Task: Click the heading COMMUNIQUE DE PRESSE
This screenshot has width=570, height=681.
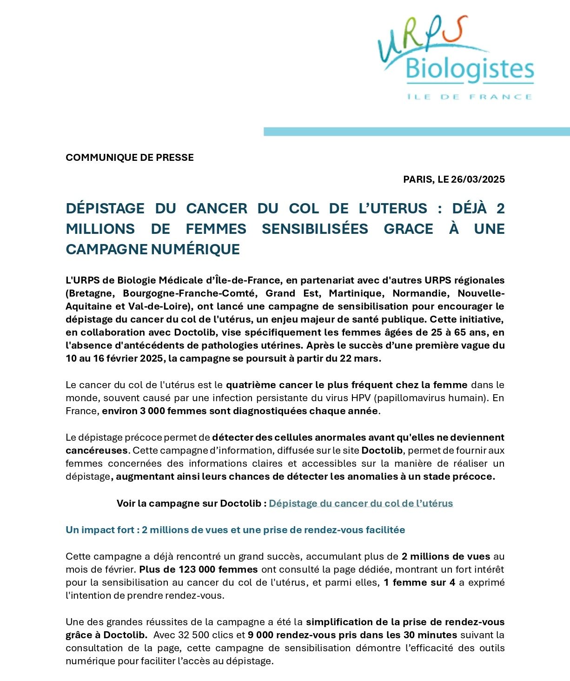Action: [130, 158]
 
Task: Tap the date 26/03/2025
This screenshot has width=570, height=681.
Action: [478, 179]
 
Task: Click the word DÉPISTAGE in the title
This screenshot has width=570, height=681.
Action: [105, 208]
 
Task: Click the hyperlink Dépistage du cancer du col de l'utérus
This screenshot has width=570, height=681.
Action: [361, 503]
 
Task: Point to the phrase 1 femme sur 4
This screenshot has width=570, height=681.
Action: [419, 582]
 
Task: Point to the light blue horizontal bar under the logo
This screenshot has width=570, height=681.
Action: [417, 132]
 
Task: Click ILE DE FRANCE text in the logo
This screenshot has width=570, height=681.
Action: [469, 97]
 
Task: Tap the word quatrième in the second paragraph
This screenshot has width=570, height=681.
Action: [250, 385]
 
